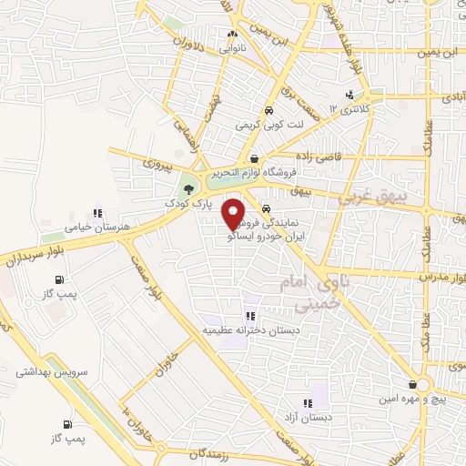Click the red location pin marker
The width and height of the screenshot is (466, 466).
[234, 212]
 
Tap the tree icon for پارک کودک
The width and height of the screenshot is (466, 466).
[188, 189]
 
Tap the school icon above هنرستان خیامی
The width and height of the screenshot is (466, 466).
[96, 213]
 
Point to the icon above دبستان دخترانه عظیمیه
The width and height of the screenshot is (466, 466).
[248, 317]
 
